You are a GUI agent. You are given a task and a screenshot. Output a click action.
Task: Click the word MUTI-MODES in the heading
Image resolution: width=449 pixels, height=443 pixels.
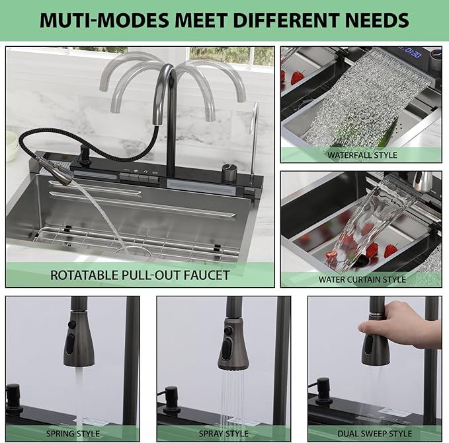coord(104,20)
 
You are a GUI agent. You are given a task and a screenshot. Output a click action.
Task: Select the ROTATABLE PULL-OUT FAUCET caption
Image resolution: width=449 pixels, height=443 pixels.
coord(140,275)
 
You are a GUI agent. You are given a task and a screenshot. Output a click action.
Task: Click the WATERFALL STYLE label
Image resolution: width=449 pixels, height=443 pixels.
coord(362,155)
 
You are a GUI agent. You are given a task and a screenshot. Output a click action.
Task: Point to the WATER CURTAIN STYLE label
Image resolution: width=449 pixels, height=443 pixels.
coord(362,279)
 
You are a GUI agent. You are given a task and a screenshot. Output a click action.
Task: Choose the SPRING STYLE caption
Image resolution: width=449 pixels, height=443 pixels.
coord(73,434)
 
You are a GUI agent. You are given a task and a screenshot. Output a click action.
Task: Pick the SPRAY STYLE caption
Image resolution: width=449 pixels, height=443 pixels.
coord(224,434)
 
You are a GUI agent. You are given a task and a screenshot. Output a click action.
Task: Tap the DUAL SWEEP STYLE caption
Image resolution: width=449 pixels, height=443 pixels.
coord(375,434)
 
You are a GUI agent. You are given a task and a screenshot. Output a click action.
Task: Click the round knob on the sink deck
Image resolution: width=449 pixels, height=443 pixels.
coord(229,172)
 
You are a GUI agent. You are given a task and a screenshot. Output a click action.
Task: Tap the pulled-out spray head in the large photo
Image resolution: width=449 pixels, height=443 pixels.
coord(56,170)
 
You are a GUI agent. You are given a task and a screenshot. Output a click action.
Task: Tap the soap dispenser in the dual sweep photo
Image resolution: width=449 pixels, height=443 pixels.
coord(323,392)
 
